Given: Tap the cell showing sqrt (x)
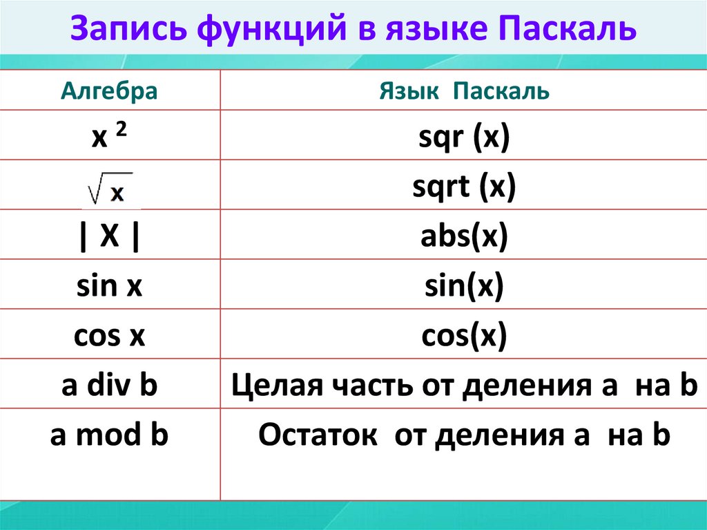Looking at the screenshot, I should [x=463, y=187].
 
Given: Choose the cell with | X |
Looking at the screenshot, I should [x=109, y=236].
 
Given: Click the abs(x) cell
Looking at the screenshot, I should [x=463, y=236].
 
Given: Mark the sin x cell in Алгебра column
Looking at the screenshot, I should [x=109, y=286].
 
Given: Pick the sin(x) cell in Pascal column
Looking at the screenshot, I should [x=463, y=286].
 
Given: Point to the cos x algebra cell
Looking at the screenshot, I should [x=109, y=336].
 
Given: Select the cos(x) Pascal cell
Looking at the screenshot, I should [x=463, y=336].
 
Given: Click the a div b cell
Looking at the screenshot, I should [x=109, y=386].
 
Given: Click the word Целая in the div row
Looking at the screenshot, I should [x=270, y=386].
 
